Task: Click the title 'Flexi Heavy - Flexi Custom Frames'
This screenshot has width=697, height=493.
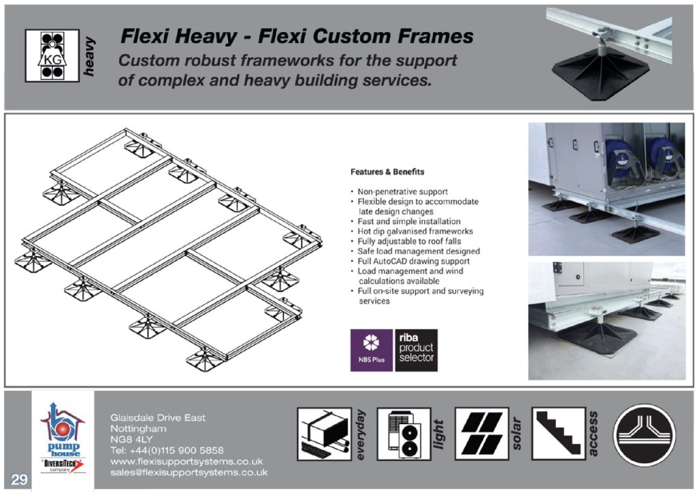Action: pos(296,36)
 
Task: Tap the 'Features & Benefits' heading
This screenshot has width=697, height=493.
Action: pos(387,172)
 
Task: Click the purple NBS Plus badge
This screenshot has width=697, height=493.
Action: pos(371,350)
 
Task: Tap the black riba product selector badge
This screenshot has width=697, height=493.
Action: pos(416,350)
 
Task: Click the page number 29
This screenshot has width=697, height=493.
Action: pos(19,479)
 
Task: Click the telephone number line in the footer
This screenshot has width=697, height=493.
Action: pos(166,450)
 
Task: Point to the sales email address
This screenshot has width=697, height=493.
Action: pos(189,472)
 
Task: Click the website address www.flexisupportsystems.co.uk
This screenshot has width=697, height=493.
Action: pos(186,461)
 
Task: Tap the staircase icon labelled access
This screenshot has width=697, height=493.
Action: pos(558,434)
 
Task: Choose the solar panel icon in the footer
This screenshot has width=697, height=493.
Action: pos(481,434)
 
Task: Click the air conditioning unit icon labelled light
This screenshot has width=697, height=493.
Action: pos(404,434)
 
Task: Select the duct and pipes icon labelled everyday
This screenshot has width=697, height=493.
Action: pos(324,434)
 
